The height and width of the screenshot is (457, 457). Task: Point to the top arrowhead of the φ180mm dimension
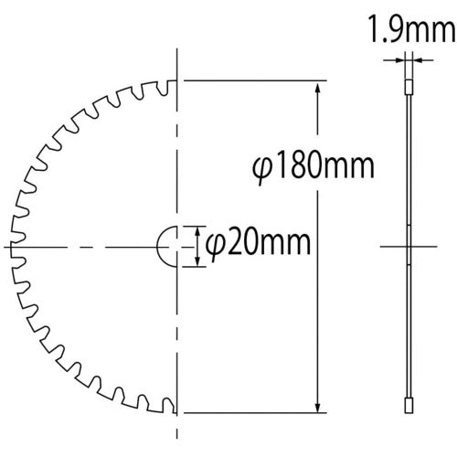pyautogui.click(x=317, y=87)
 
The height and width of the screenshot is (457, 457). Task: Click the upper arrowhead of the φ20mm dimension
pyautogui.click(x=196, y=232)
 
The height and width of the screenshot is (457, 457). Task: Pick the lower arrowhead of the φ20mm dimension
pyautogui.click(x=196, y=261)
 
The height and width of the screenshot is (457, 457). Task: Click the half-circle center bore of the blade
pyautogui.click(x=167, y=247)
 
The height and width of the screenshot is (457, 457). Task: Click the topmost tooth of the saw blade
pyautogui.click(x=168, y=89)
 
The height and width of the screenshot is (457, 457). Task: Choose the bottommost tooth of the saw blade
pyautogui.click(x=168, y=405)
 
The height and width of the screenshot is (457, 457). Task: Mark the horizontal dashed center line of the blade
pyautogui.click(x=91, y=247)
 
